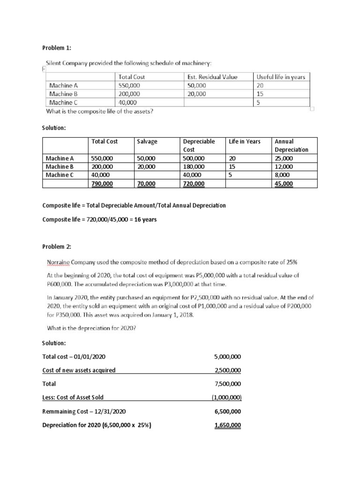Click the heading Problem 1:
57,48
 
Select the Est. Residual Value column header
212,77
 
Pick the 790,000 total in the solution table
102,184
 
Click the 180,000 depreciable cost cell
194,166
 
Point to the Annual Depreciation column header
291,145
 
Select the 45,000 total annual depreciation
284,184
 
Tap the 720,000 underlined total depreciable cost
194,184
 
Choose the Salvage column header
147,141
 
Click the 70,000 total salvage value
146,184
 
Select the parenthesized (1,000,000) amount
226,397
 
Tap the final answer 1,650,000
228,425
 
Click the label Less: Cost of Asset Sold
73,397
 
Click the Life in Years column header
245,141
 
